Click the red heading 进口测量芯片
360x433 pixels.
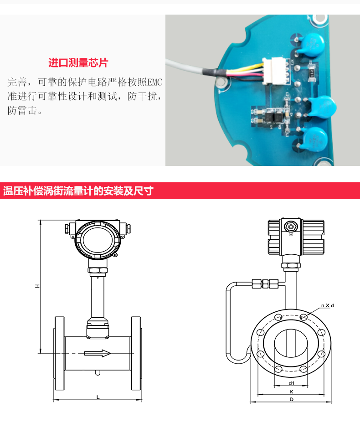pos(78,63)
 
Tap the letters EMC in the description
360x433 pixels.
pos(154,82)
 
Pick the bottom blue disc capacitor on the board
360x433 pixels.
pos(315,138)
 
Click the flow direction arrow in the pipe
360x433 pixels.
pos(98,353)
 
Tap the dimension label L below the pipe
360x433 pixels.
pos(98,397)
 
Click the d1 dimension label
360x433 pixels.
pos(292,383)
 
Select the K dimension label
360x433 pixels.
pos(291,392)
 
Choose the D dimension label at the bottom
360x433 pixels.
pos(291,399)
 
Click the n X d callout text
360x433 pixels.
pos(328,305)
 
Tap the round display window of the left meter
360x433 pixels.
pos(98,240)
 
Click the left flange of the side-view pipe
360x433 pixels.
pos(59,353)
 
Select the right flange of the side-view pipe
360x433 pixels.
pos(136,353)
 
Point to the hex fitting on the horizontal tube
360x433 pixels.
pos(265,284)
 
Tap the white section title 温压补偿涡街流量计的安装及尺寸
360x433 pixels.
pos(78,191)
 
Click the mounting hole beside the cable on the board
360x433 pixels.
pos(221,82)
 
